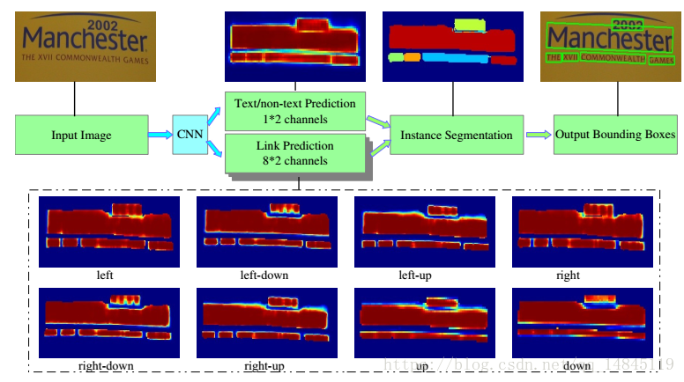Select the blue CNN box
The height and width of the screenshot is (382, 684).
[189, 135]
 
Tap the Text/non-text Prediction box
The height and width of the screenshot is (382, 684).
[294, 111]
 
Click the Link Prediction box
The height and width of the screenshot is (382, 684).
[294, 153]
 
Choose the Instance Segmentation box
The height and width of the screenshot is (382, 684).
[456, 135]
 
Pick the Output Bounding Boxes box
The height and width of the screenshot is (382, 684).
[615, 135]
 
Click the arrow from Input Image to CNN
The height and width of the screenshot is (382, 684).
[156, 135]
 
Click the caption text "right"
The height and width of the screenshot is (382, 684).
[568, 275]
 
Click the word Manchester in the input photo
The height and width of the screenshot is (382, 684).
[85, 40]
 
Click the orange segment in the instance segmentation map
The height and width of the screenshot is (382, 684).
[411, 57]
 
